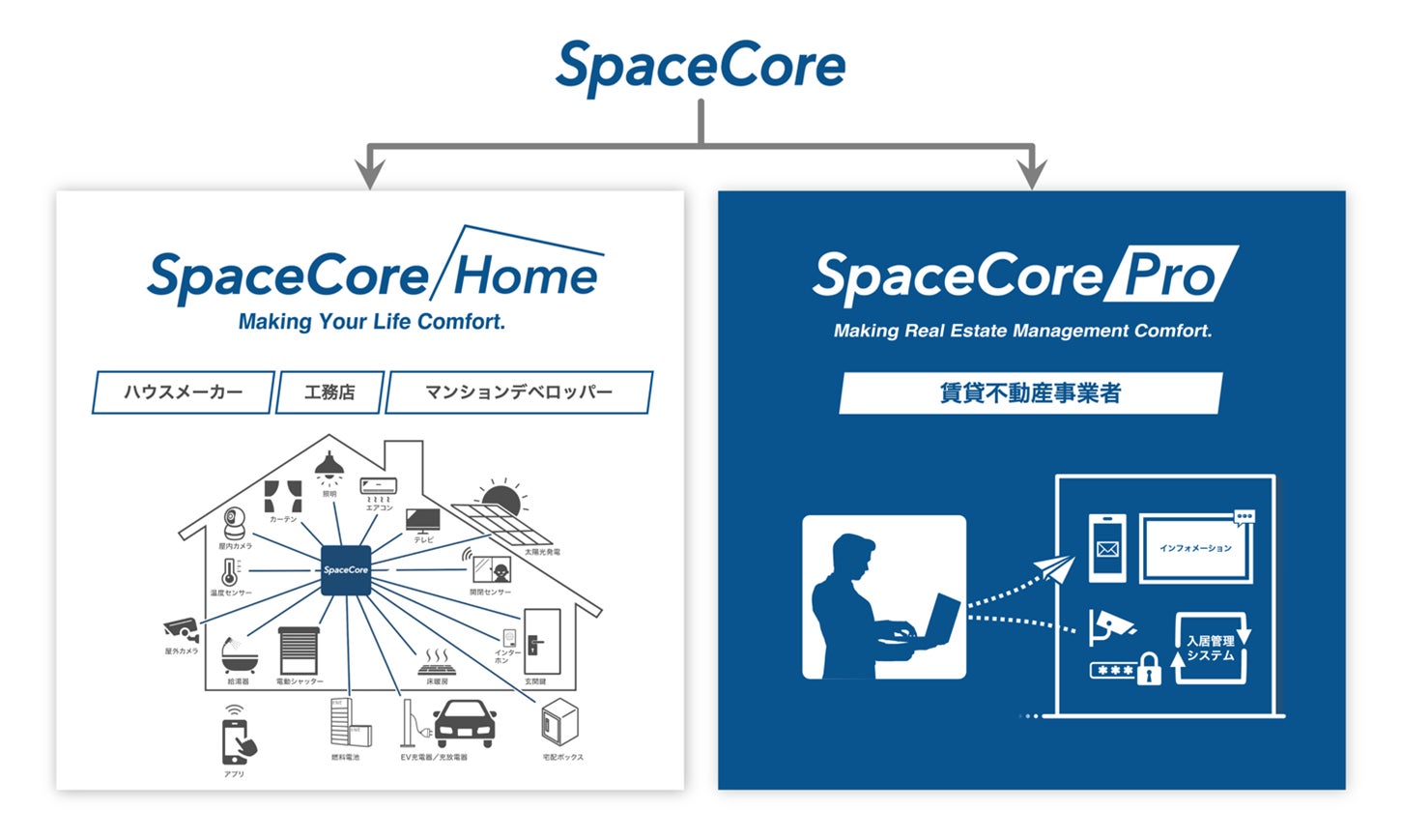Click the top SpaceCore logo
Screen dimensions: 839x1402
pos(701,66)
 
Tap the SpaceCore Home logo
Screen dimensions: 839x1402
pos(374,274)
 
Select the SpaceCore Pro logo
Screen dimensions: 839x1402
pos(1024,275)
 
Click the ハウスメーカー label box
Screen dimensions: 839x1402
pos(183,392)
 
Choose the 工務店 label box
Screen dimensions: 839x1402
pos(329,392)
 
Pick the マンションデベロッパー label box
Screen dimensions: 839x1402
pos(519,392)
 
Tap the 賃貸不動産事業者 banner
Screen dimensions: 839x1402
pos(1030,393)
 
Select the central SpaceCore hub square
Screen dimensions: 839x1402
pos(345,569)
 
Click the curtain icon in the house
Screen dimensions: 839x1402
pos(283,496)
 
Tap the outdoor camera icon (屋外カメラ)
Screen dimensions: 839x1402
pos(182,629)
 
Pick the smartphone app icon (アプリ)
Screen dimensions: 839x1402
pos(237,739)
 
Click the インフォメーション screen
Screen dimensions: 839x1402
pos(1196,548)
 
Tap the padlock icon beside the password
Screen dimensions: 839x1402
pos(1148,668)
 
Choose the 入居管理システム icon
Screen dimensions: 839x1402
pos(1211,648)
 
